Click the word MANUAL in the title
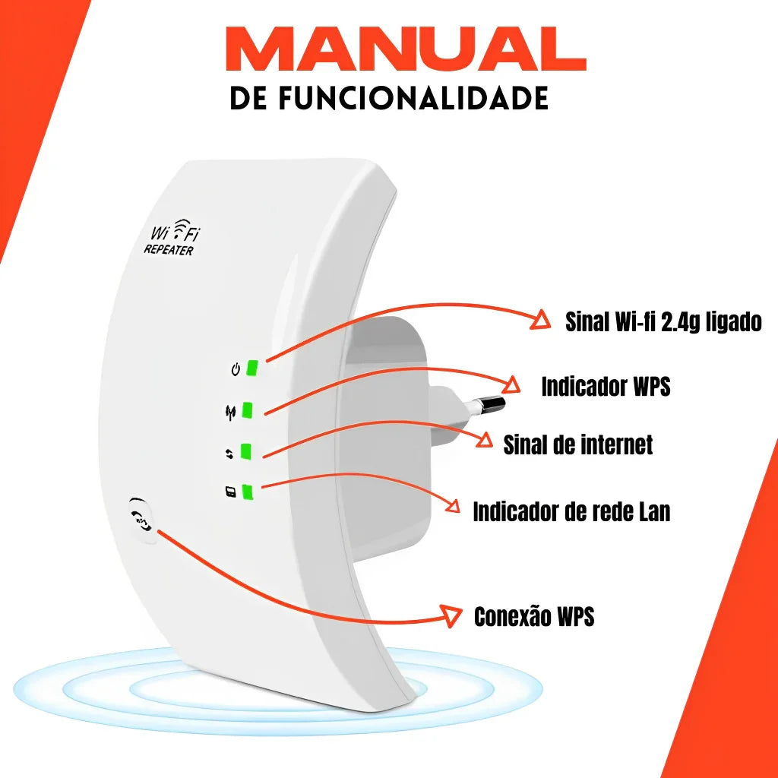tap(405, 50)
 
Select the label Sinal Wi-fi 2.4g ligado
tap(663, 321)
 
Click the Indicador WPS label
tap(606, 386)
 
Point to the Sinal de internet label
tap(577, 444)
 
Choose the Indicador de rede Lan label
tap(571, 511)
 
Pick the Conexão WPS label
tap(533, 616)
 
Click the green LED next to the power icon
tap(253, 368)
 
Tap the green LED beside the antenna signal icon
tap(248, 410)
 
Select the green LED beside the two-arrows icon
tap(245, 451)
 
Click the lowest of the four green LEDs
tap(247, 492)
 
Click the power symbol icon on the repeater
tap(236, 370)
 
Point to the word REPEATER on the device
tap(168, 249)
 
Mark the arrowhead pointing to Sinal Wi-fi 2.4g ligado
tap(541, 320)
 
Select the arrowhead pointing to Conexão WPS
tap(452, 616)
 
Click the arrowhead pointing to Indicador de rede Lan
tap(455, 507)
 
